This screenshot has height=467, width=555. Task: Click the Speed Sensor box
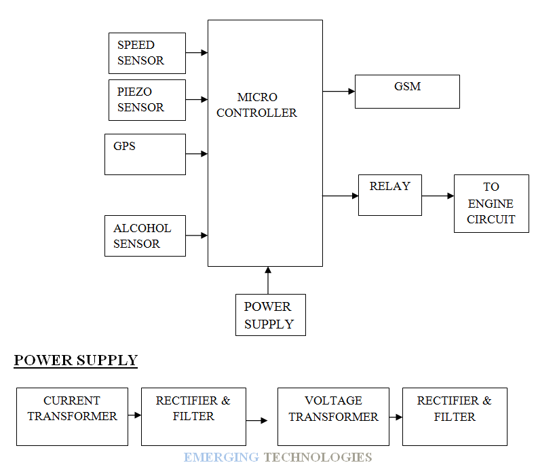click(147, 53)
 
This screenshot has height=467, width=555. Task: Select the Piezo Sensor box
click(147, 100)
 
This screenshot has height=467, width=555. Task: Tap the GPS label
click(124, 146)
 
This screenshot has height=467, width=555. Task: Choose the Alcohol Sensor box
click(145, 236)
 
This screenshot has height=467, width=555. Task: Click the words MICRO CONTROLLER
click(256, 105)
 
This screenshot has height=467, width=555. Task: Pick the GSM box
click(407, 92)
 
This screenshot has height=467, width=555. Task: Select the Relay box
click(389, 195)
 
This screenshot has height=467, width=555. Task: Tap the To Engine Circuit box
click(491, 204)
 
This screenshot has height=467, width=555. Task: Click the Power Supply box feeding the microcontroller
click(270, 315)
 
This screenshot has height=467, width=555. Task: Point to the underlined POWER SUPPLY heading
click(75, 360)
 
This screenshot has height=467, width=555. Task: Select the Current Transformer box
click(72, 416)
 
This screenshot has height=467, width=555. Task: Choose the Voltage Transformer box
click(333, 416)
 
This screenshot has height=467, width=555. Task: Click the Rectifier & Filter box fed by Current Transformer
click(193, 416)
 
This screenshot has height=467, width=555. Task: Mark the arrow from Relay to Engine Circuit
click(438, 195)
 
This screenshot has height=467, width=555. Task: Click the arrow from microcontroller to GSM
click(339, 91)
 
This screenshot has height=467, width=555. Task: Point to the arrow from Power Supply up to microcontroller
click(268, 280)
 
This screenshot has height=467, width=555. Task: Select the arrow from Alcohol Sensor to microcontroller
click(196, 236)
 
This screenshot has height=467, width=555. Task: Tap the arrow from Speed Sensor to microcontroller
click(196, 52)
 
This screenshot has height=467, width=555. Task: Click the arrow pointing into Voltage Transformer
click(256, 421)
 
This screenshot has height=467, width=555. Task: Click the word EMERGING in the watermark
click(221, 457)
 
